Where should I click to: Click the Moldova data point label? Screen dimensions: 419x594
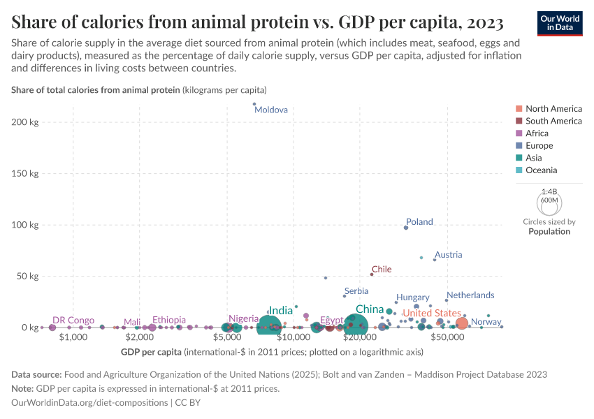pyautogui.click(x=271, y=110)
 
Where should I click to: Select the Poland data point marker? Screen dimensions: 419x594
pyautogui.click(x=406, y=228)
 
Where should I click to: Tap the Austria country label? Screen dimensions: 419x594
pyautogui.click(x=448, y=255)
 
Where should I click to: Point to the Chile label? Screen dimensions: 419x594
pyautogui.click(x=382, y=269)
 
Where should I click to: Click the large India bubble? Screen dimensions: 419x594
pyautogui.click(x=268, y=325)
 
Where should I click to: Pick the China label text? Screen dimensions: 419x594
pyautogui.click(x=369, y=309)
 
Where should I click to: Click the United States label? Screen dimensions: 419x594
pyautogui.click(x=432, y=313)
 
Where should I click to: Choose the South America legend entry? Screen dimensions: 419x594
pyautogui.click(x=553, y=121)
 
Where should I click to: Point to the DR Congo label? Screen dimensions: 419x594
pyautogui.click(x=73, y=320)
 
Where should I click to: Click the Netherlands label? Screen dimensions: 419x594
pyautogui.click(x=470, y=295)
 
